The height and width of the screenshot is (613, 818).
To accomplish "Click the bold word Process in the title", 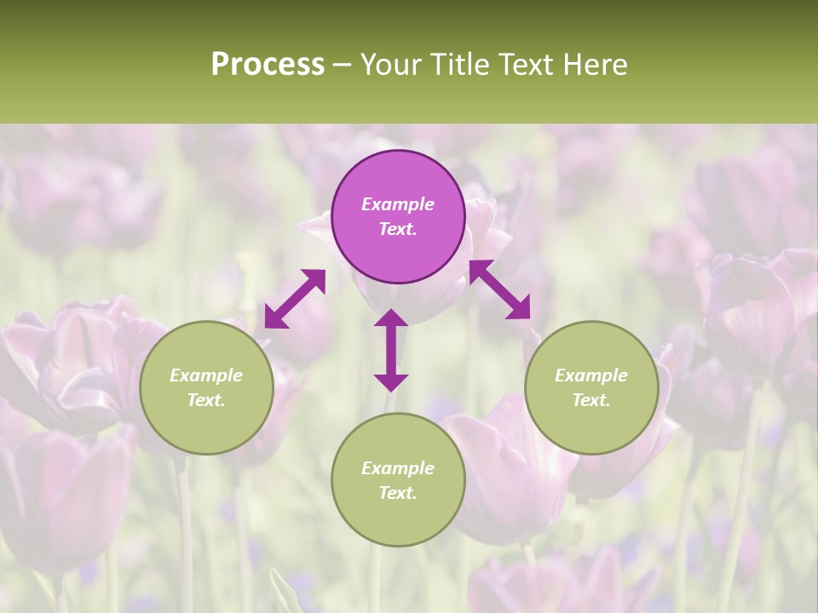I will pyautogui.click(x=268, y=65).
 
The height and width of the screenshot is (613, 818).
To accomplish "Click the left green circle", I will pyautogui.click(x=206, y=387).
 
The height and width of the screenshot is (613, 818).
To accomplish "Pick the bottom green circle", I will pyautogui.click(x=398, y=479).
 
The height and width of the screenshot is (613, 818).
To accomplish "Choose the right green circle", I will pyautogui.click(x=591, y=387).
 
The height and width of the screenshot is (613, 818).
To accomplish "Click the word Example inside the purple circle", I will pyautogui.click(x=398, y=204).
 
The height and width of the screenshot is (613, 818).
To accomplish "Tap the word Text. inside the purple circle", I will pyautogui.click(x=398, y=229).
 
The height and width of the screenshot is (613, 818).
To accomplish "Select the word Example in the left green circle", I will pyautogui.click(x=206, y=375).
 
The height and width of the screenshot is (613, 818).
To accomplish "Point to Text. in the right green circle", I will pyautogui.click(x=591, y=400).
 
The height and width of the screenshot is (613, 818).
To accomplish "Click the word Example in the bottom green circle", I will pyautogui.click(x=398, y=468).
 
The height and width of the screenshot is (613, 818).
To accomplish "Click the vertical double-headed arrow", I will pyautogui.click(x=391, y=350).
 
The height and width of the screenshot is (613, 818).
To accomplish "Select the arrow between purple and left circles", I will pyautogui.click(x=295, y=298).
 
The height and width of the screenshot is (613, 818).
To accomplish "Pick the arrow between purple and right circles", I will pyautogui.click(x=499, y=289).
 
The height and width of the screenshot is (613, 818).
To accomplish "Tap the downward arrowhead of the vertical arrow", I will pyautogui.click(x=391, y=380).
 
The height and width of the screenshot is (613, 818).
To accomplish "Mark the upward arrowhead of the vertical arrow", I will pyautogui.click(x=391, y=320).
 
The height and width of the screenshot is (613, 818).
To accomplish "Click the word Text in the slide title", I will pyautogui.click(x=531, y=65).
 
